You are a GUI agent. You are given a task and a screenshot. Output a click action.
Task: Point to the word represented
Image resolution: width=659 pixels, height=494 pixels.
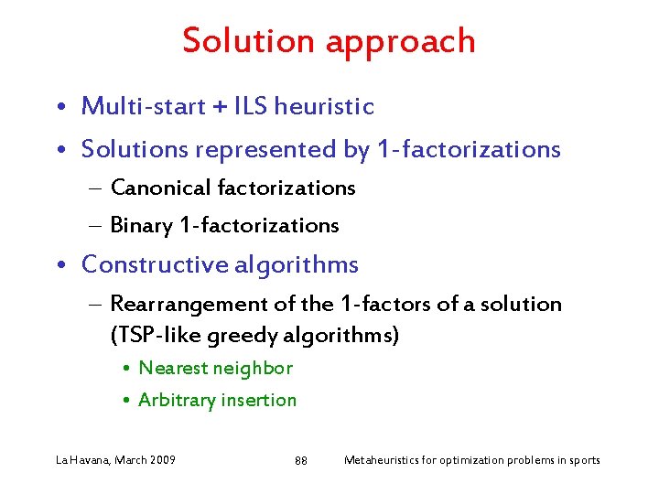point(265,149)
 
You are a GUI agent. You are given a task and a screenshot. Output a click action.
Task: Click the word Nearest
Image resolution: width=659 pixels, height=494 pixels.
point(173,368)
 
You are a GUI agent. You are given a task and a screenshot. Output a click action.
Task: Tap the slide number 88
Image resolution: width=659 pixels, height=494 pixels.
point(301,460)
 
